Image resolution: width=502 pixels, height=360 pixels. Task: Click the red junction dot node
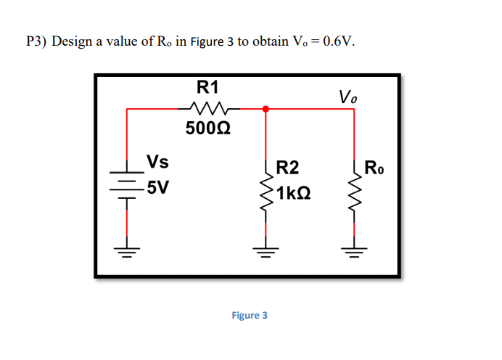pyautogui.click(x=266, y=109)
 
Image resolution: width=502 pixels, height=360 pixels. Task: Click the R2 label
pyautogui.click(x=287, y=169)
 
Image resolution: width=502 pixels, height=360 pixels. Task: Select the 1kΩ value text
pyautogui.click(x=293, y=193)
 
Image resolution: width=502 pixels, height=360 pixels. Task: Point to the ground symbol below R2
pyautogui.click(x=266, y=253)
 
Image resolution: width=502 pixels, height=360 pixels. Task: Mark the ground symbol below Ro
pyautogui.click(x=354, y=253)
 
